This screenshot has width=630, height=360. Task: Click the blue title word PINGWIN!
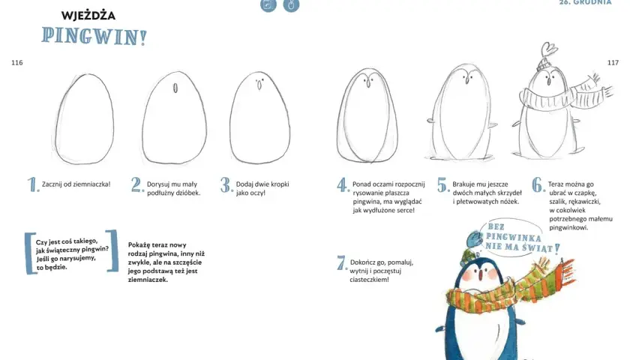tap(94, 36)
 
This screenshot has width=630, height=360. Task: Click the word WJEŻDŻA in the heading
tap(88, 16)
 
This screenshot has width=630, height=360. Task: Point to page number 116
tap(16, 63)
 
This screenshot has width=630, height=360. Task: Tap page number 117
tap(613, 63)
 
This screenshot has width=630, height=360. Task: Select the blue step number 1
tap(32, 184)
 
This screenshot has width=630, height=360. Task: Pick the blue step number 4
tap(343, 185)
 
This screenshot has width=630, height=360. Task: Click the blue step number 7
tap(341, 263)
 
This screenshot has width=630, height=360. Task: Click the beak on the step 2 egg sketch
tap(175, 88)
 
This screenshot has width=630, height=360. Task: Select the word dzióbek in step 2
tap(188, 193)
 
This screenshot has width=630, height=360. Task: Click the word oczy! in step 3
tap(257, 193)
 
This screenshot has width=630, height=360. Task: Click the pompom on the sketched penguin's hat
tap(549, 49)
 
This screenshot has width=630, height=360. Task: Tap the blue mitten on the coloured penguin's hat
tap(475, 239)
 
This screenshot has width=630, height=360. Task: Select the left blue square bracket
tap(30, 253)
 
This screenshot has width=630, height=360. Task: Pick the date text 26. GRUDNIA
tap(586, 2)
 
